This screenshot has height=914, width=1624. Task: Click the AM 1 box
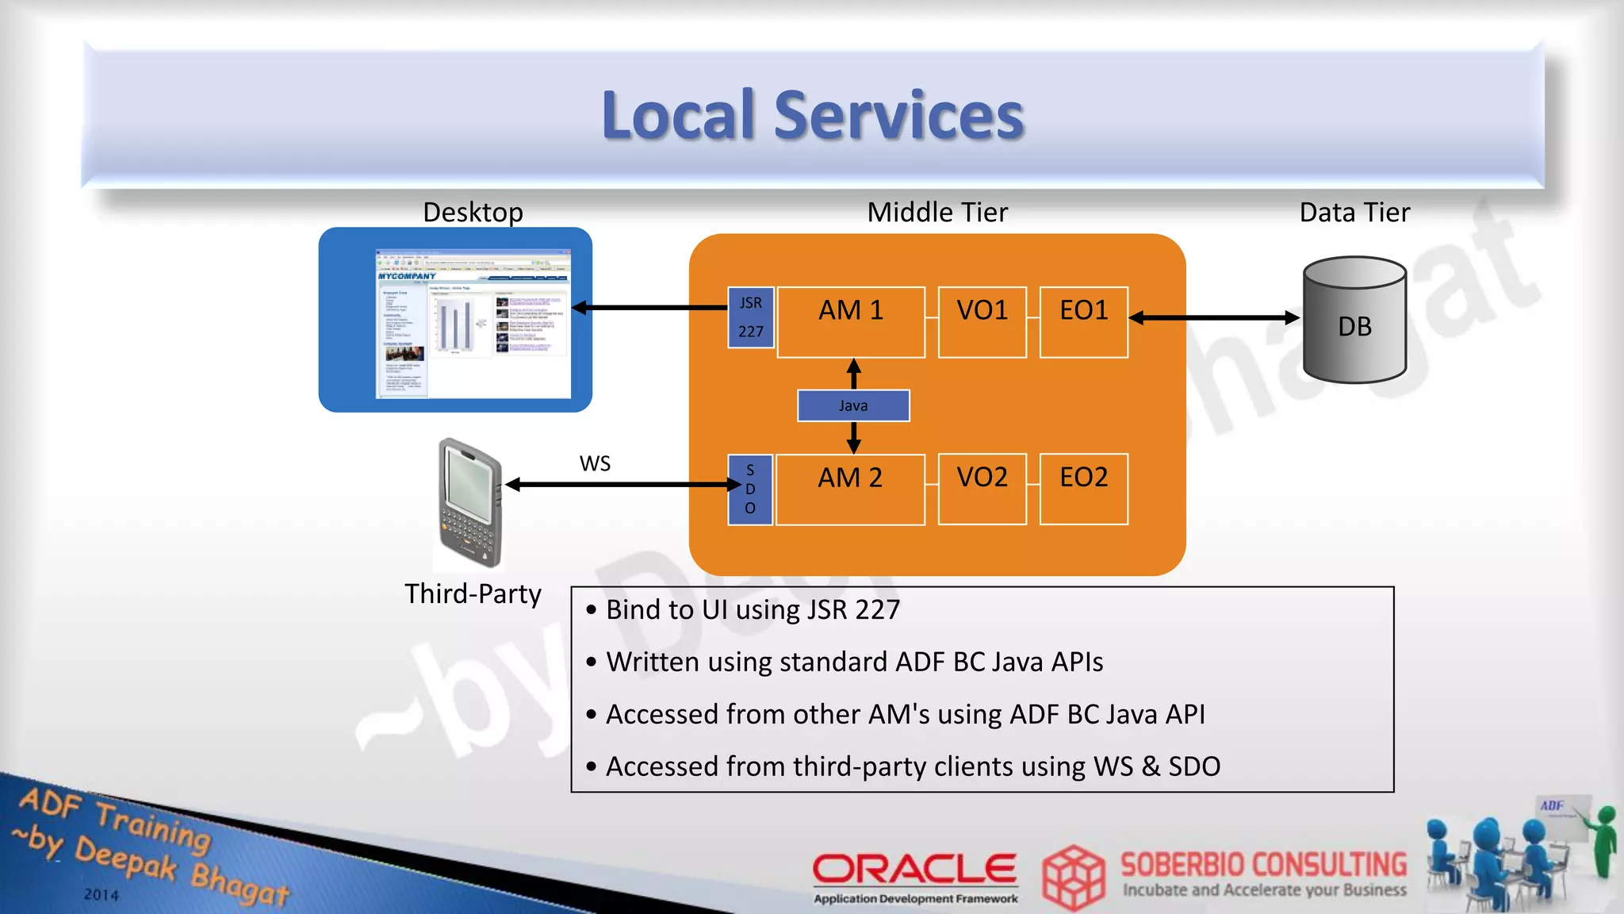[851, 322]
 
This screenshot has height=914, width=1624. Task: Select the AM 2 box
[850, 490]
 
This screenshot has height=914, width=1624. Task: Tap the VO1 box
[982, 322]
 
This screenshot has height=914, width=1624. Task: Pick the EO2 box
[1083, 490]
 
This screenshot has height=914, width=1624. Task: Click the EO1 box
[1083, 322]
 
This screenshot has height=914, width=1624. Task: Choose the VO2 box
[982, 490]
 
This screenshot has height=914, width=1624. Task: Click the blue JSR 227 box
[750, 317]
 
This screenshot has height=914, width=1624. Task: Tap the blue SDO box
[750, 490]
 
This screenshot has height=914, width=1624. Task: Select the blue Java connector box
[853, 405]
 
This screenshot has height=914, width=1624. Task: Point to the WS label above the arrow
[595, 463]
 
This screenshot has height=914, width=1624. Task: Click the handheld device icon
[471, 501]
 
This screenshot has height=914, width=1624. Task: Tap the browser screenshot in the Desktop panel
[473, 323]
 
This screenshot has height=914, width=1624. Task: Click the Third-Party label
[473, 593]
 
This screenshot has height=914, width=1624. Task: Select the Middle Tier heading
[937, 213]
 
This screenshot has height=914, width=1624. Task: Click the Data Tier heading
[1354, 213]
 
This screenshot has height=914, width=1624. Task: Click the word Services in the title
[898, 116]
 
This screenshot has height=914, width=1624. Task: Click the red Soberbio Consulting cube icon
[1073, 877]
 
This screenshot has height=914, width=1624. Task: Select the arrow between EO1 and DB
[1214, 318]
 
